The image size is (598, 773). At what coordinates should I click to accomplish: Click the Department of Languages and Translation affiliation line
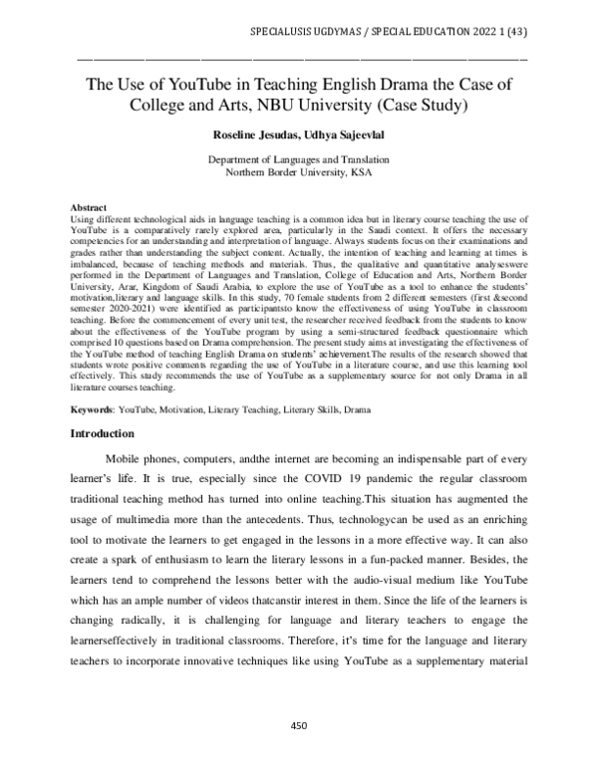point(298,159)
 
